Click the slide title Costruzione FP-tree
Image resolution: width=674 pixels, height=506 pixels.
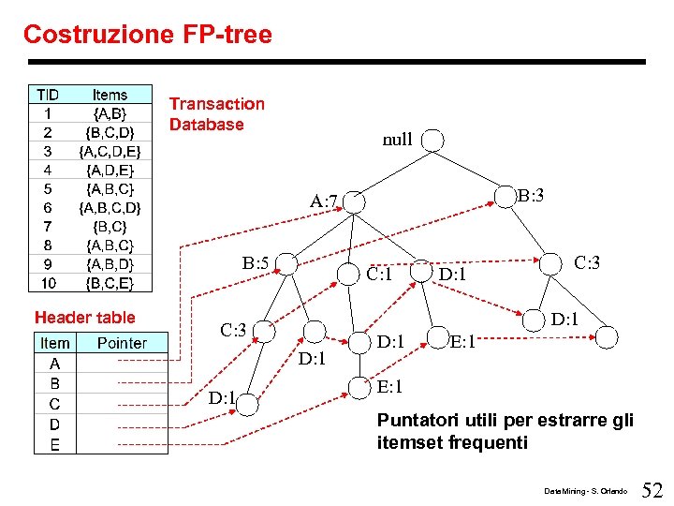click(148, 35)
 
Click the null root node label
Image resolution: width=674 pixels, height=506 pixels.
click(397, 140)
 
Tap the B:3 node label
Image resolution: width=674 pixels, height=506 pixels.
click(531, 196)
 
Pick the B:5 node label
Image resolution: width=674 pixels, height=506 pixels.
click(256, 263)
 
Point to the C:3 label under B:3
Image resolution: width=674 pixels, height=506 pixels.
click(587, 262)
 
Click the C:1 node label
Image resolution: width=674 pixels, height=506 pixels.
click(379, 275)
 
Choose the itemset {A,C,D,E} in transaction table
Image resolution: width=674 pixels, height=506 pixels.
click(110, 151)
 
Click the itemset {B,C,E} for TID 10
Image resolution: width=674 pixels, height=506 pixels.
click(110, 282)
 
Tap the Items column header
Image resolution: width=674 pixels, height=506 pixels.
click(110, 95)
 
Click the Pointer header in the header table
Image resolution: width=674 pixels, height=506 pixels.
click(122, 343)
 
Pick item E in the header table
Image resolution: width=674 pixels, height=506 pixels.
click(54, 445)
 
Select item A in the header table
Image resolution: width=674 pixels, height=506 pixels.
click(54, 364)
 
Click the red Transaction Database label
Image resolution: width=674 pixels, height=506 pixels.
click(216, 113)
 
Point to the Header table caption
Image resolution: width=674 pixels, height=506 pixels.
click(84, 318)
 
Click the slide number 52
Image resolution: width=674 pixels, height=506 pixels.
click(652, 488)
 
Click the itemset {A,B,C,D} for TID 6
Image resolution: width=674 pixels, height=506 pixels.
click(110, 207)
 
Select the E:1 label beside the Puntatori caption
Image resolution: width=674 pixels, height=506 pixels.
click(389, 387)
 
